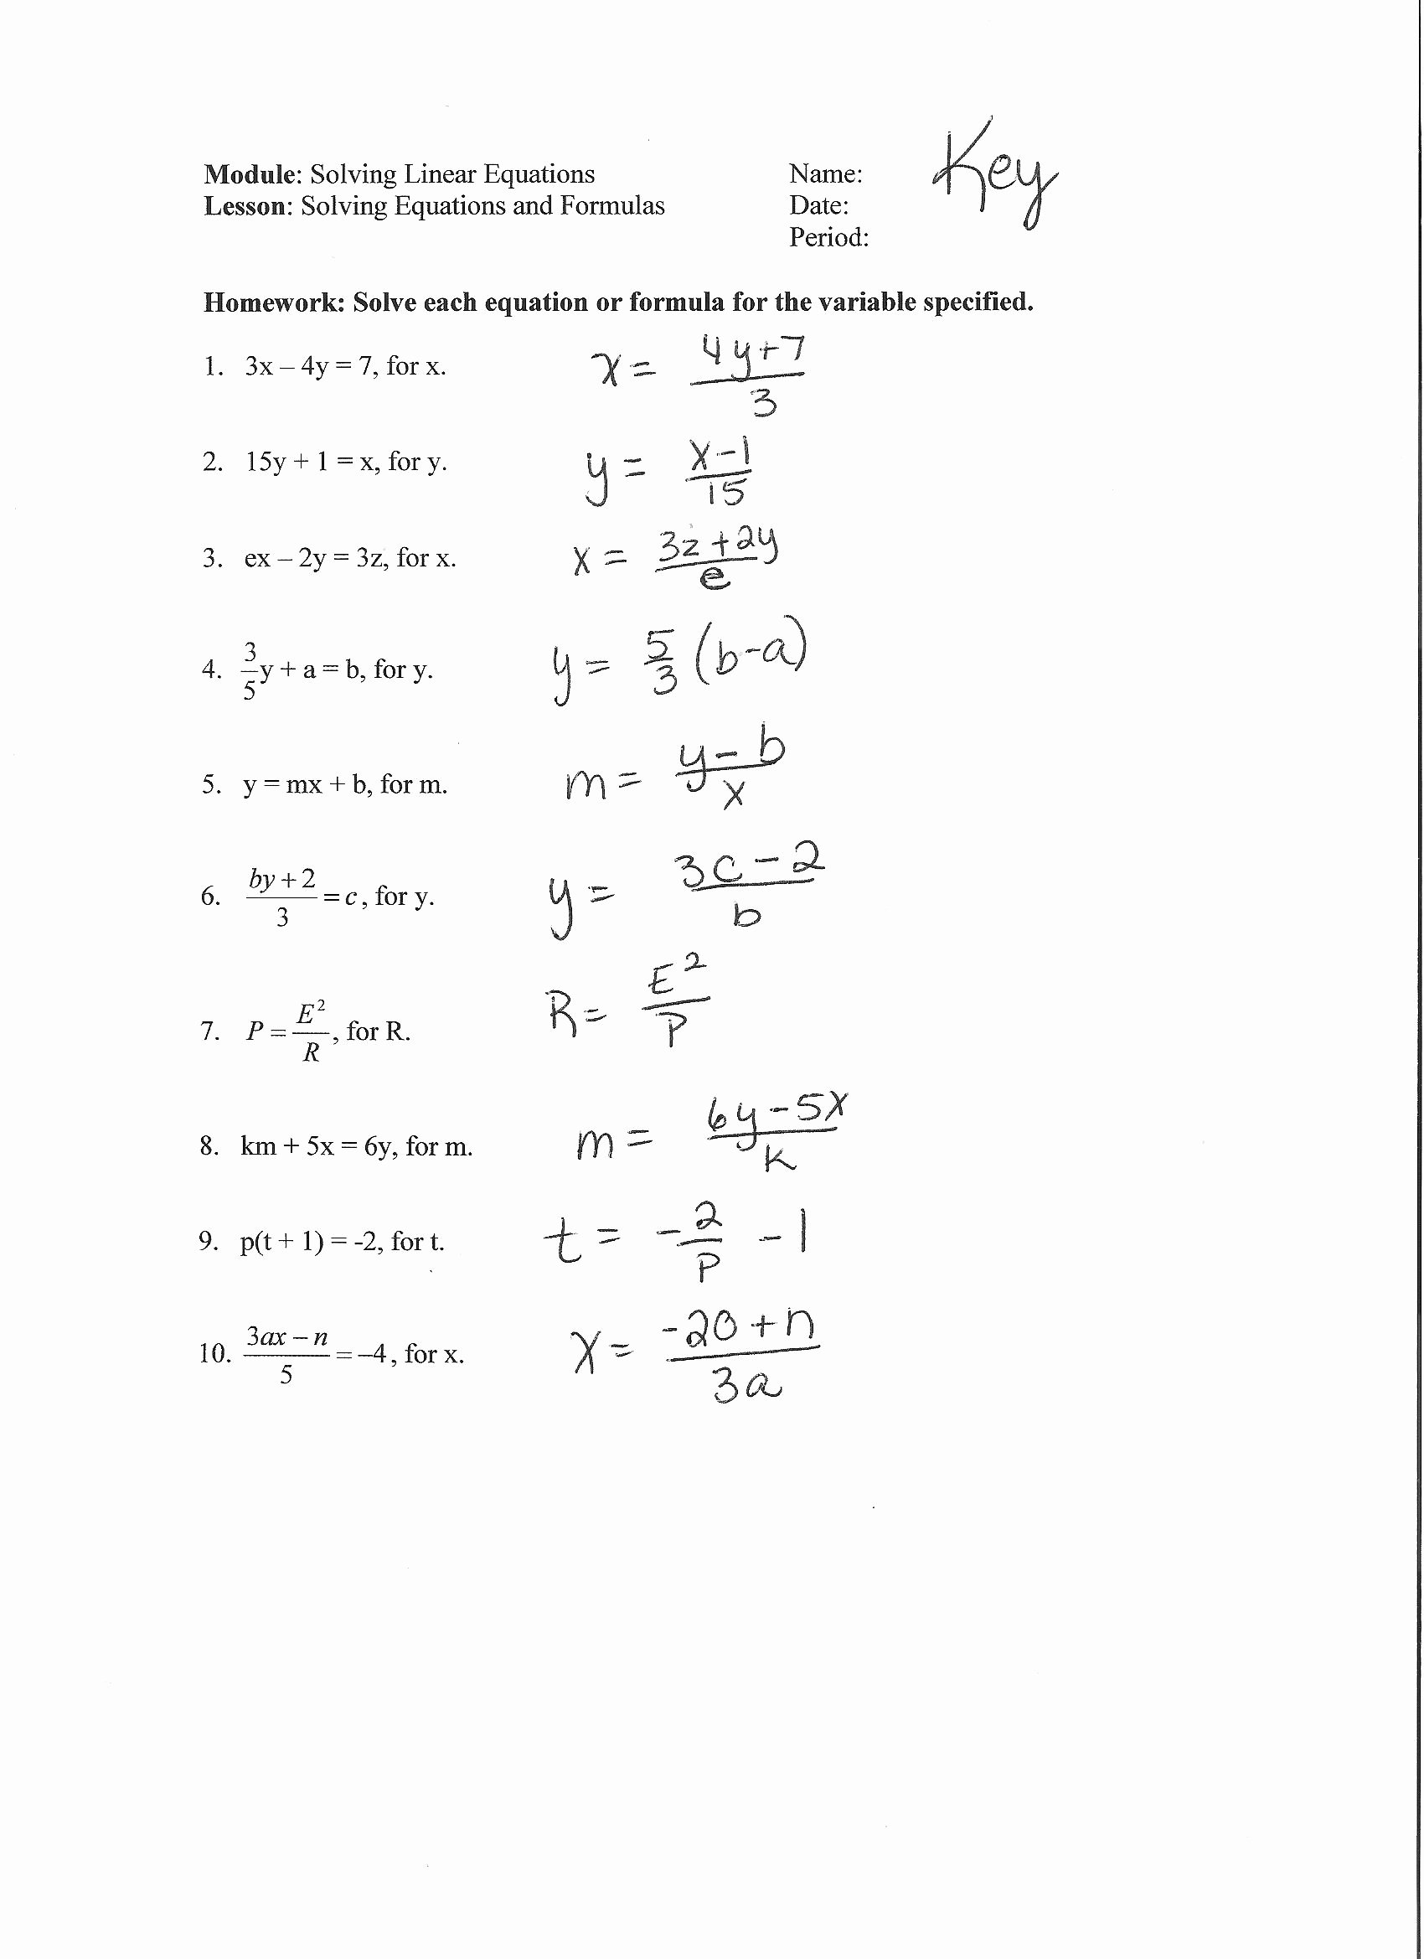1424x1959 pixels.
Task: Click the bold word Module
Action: click(250, 174)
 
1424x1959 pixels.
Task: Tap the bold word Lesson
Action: click(245, 206)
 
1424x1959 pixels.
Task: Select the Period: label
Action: click(828, 237)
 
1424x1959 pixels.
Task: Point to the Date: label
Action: click(818, 205)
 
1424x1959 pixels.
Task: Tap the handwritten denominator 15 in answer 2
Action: click(724, 493)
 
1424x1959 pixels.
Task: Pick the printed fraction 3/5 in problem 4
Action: click(250, 670)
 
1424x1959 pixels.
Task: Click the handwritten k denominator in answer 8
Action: click(778, 1160)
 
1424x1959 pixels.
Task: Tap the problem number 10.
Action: click(214, 1353)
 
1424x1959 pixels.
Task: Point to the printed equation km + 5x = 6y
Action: click(315, 1147)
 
